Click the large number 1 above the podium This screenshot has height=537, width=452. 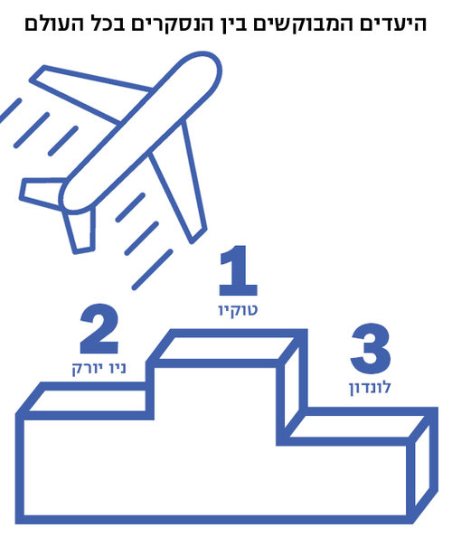coord(239,270)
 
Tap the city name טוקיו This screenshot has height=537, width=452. coord(238,310)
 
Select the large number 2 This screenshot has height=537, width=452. coord(99,329)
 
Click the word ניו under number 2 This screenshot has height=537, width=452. coord(116,368)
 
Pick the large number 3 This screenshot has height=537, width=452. coord(371,348)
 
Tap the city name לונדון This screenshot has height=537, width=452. coord(370,388)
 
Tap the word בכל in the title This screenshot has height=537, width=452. coord(105,24)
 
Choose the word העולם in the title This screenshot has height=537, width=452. coord(52,24)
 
